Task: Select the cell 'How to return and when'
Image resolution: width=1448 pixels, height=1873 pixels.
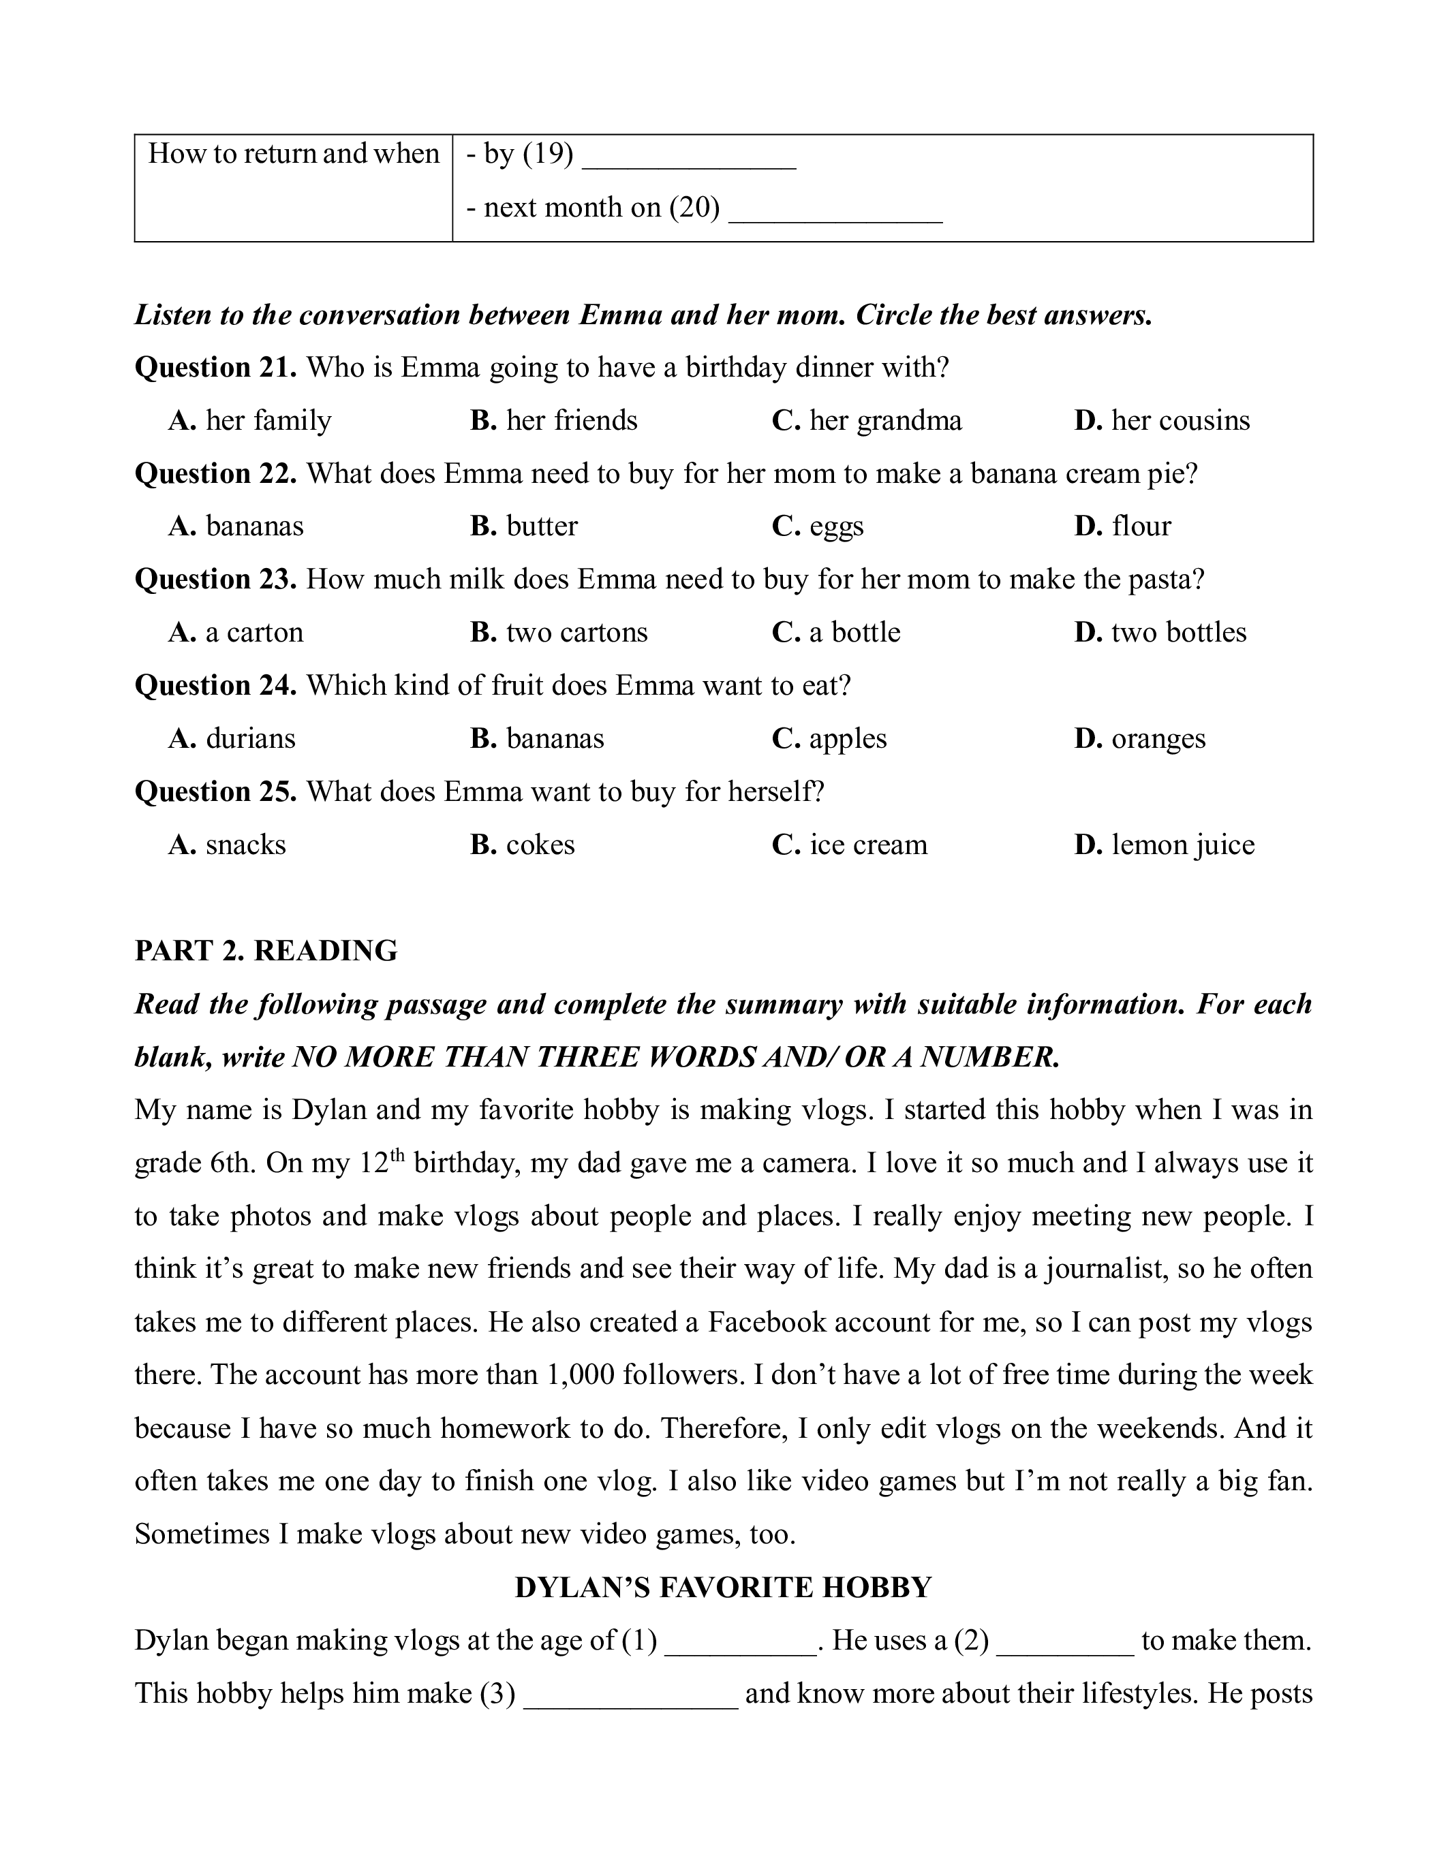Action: coord(294,155)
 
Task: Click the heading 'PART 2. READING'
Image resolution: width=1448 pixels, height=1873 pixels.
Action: coord(266,951)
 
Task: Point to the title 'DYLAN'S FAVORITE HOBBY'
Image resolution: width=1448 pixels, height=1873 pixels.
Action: coord(723,1588)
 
